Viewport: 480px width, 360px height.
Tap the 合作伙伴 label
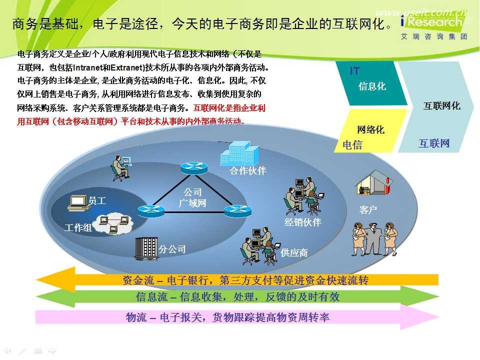[248, 171]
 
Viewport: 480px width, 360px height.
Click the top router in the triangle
[194, 168]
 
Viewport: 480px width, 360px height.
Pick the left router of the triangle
[151, 211]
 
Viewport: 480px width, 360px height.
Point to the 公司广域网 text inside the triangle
[192, 198]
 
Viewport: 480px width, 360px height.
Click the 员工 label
[97, 201]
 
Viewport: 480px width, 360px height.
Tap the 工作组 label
[78, 228]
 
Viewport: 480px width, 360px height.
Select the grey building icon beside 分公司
[146, 248]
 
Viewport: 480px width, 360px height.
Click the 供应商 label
[294, 253]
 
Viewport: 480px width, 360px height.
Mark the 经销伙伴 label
[302, 222]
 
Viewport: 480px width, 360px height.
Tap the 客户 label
[368, 210]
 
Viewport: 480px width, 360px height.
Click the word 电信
[352, 145]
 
